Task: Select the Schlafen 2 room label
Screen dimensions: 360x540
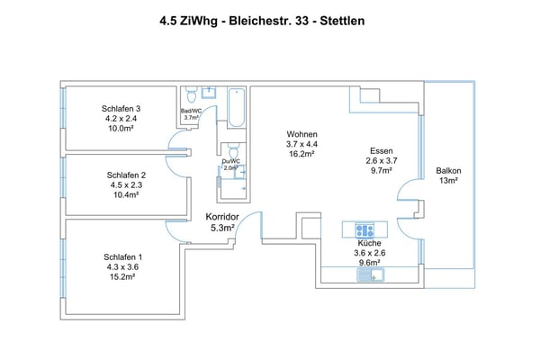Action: pyautogui.click(x=126, y=175)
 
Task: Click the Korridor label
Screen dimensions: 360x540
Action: pyautogui.click(x=221, y=218)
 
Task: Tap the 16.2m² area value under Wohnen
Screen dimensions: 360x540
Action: pyautogui.click(x=301, y=154)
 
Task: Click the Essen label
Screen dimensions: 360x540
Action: pyautogui.click(x=381, y=150)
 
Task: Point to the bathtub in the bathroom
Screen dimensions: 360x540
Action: pyautogui.click(x=237, y=106)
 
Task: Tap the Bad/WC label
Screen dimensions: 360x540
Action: pyautogui.click(x=191, y=111)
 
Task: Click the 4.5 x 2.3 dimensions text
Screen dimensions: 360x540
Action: pyautogui.click(x=126, y=185)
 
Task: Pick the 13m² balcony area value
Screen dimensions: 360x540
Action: pyautogui.click(x=448, y=181)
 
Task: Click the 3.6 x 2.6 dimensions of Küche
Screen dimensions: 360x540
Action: pyautogui.click(x=369, y=253)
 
